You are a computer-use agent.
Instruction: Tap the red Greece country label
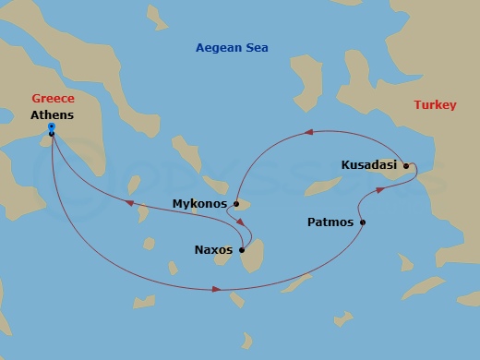pos(53,98)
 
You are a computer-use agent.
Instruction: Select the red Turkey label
pos(435,105)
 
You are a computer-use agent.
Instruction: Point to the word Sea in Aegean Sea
pos(257,48)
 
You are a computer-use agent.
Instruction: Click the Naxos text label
pos(213,249)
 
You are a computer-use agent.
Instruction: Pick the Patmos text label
pos(329,222)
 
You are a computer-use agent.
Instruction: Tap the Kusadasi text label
pos(369,165)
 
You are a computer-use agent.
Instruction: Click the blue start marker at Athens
pos(52,126)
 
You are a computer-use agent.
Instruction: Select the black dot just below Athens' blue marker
pos(52,134)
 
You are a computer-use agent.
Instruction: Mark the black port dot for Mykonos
pos(236,203)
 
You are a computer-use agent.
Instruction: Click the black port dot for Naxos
pos(242,248)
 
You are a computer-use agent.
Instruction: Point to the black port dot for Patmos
pos(363,222)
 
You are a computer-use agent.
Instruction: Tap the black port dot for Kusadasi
pos(405,165)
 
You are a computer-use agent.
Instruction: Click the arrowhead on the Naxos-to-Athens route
pos(129,202)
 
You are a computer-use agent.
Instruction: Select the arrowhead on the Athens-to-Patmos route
pos(216,290)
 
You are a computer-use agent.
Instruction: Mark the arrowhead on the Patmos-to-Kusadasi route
pos(380,191)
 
